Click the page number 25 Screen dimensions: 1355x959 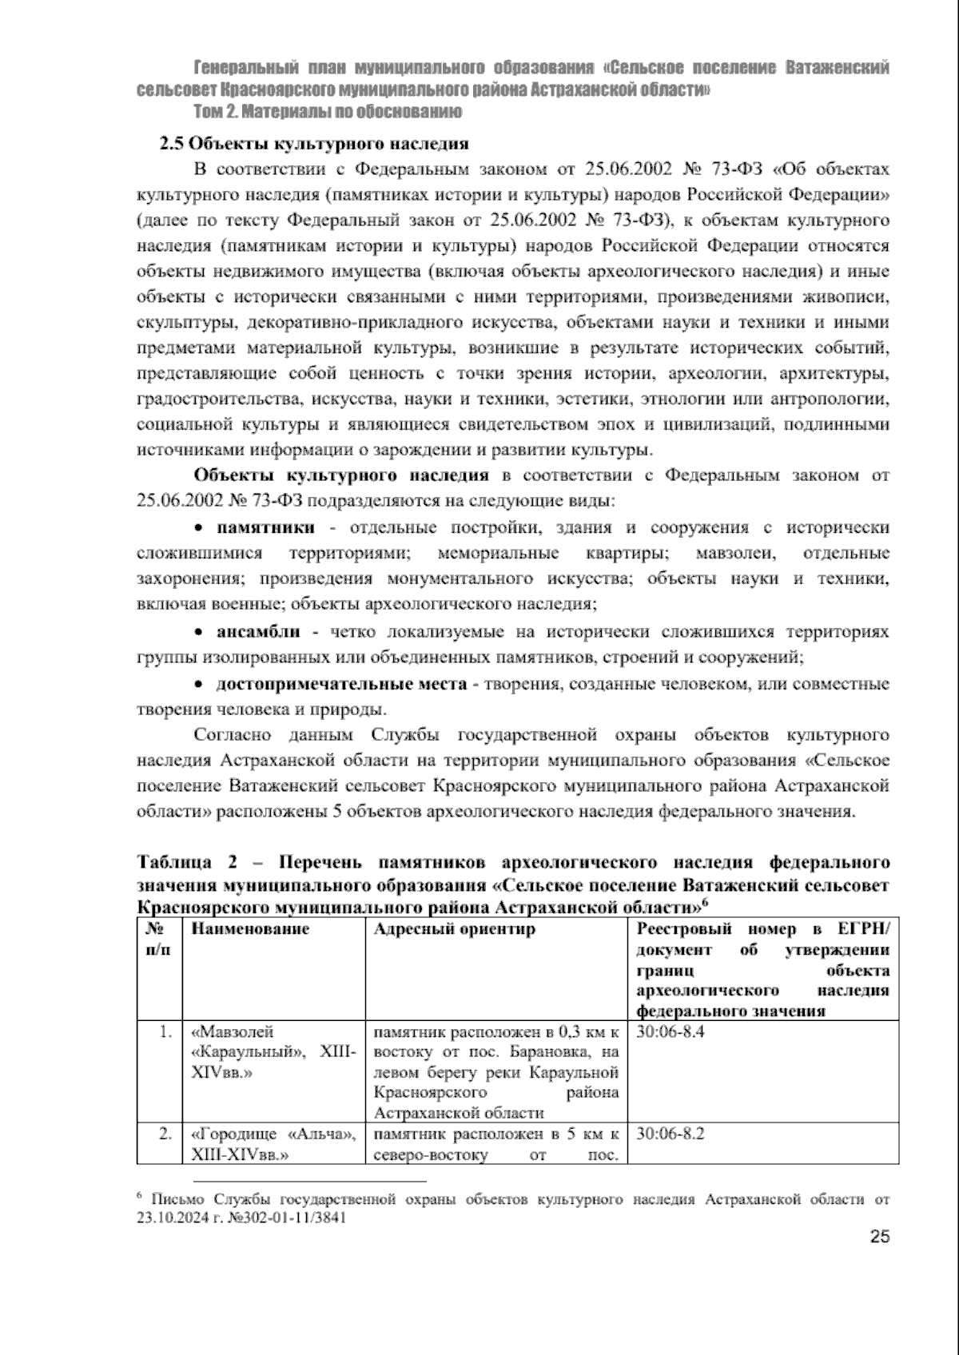pyautogui.click(x=879, y=1258)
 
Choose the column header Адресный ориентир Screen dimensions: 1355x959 pyautogui.click(x=455, y=929)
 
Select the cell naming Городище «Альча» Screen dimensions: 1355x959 pyautogui.click(x=273, y=1144)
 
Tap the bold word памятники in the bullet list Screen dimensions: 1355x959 pyautogui.click(x=265, y=527)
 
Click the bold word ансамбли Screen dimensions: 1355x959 pyautogui.click(x=258, y=632)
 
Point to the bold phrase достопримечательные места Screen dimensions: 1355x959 pyautogui.click(x=341, y=685)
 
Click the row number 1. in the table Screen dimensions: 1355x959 pyautogui.click(x=165, y=1031)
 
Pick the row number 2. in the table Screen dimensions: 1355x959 pyautogui.click(x=165, y=1134)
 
